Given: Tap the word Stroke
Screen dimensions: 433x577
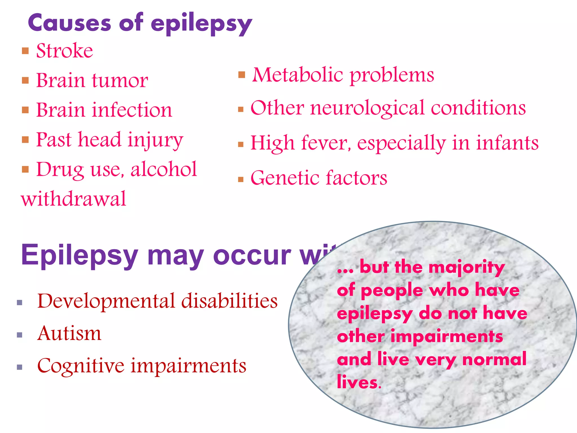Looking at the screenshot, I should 65,51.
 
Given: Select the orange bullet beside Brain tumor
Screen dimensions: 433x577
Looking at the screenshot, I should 25,81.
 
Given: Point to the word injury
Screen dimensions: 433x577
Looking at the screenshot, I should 155,140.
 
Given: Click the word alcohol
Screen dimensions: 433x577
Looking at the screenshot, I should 163,169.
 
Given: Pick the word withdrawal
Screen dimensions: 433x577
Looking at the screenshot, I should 74,199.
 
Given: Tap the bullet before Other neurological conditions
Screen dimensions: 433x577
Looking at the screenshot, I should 241,109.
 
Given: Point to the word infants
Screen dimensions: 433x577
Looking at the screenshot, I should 507,143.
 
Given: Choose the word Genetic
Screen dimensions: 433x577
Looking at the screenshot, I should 285,178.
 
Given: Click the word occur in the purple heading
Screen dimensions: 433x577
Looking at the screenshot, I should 252,255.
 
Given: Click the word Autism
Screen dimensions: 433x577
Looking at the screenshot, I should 69,333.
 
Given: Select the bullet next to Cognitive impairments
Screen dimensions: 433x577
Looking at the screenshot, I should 19,367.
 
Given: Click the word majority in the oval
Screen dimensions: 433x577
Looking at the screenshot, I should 467,268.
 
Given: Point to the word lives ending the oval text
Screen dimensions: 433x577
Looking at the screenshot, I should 358,383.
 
